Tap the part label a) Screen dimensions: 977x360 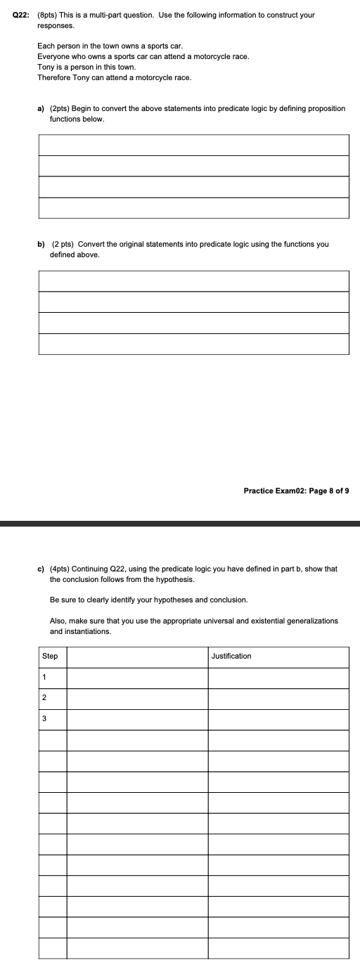pos(41,109)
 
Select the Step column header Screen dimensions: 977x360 pos(50,656)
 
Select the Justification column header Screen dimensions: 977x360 pos(231,656)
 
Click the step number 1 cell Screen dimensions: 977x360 pos(44,677)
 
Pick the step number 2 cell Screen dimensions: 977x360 pos(44,698)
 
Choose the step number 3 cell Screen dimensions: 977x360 pos(44,718)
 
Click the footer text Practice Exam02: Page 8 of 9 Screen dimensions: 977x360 pos(295,491)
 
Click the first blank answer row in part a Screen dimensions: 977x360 pos(193,145)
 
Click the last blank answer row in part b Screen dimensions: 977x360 pos(193,344)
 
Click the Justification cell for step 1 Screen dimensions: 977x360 pos(278,677)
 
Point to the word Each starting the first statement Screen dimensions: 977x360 pos(45,45)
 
